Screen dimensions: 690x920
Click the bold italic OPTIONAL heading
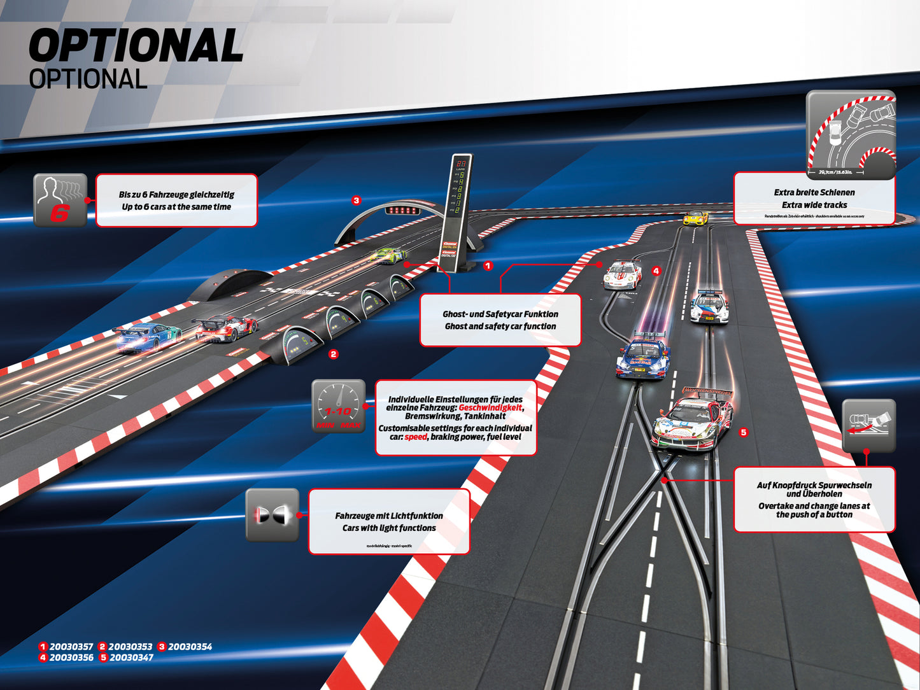[x=136, y=46]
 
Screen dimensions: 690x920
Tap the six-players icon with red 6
[x=59, y=200]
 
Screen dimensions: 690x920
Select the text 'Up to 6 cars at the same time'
[x=176, y=207]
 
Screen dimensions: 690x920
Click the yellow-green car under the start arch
[x=388, y=256]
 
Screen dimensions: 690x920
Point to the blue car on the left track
[x=147, y=337]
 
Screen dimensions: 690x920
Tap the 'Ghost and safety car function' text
[x=500, y=327]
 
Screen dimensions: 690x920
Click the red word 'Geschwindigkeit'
[x=490, y=407]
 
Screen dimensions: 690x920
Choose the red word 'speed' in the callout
[x=416, y=437]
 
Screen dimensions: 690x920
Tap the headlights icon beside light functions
[x=272, y=515]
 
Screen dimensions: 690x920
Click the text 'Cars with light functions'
[x=389, y=528]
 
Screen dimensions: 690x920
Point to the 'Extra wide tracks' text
[x=814, y=205]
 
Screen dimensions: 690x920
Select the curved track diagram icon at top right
[x=851, y=135]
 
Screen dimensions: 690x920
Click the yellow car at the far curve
[x=695, y=218]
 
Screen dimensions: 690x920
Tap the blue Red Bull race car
[x=643, y=358]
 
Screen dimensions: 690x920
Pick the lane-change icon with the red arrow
[x=868, y=425]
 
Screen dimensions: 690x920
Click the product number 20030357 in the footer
[x=71, y=647]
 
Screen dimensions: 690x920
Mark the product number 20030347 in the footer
[x=131, y=658]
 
